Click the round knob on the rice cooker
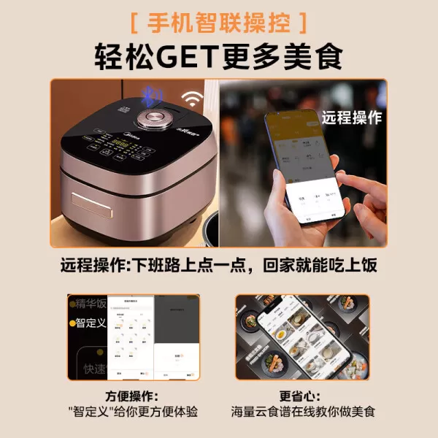coord(154,118)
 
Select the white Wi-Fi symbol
coord(193,99)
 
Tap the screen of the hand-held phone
coord(302,164)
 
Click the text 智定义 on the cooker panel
coord(92,322)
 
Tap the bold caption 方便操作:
coord(132,396)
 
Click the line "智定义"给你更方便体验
coord(132,412)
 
